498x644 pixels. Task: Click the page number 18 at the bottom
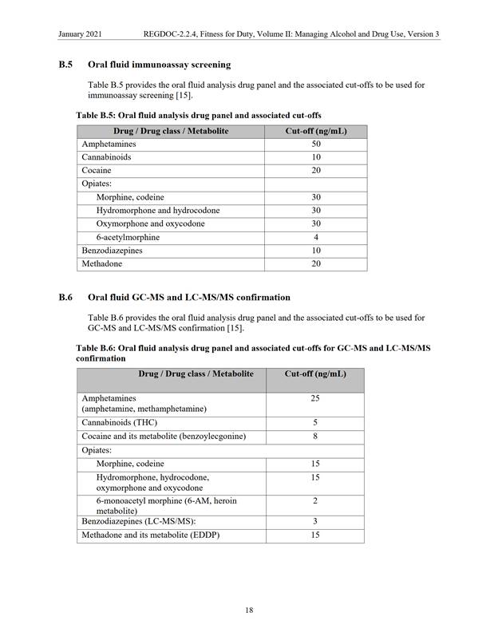249,610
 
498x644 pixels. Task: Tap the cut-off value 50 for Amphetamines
316,144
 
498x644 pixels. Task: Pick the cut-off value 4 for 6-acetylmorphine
316,238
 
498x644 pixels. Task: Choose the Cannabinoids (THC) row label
120,423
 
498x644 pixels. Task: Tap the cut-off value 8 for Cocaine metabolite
315,437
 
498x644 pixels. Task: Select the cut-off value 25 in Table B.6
315,397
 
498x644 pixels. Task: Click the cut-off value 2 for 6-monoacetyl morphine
315,500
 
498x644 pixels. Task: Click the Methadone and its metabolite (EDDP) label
150,535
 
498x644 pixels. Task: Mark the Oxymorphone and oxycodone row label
150,224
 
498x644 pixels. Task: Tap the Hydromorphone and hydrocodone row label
157,211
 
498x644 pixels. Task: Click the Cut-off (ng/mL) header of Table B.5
316,131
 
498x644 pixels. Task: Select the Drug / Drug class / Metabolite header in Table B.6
196,373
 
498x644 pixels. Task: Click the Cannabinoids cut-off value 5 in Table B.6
315,423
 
